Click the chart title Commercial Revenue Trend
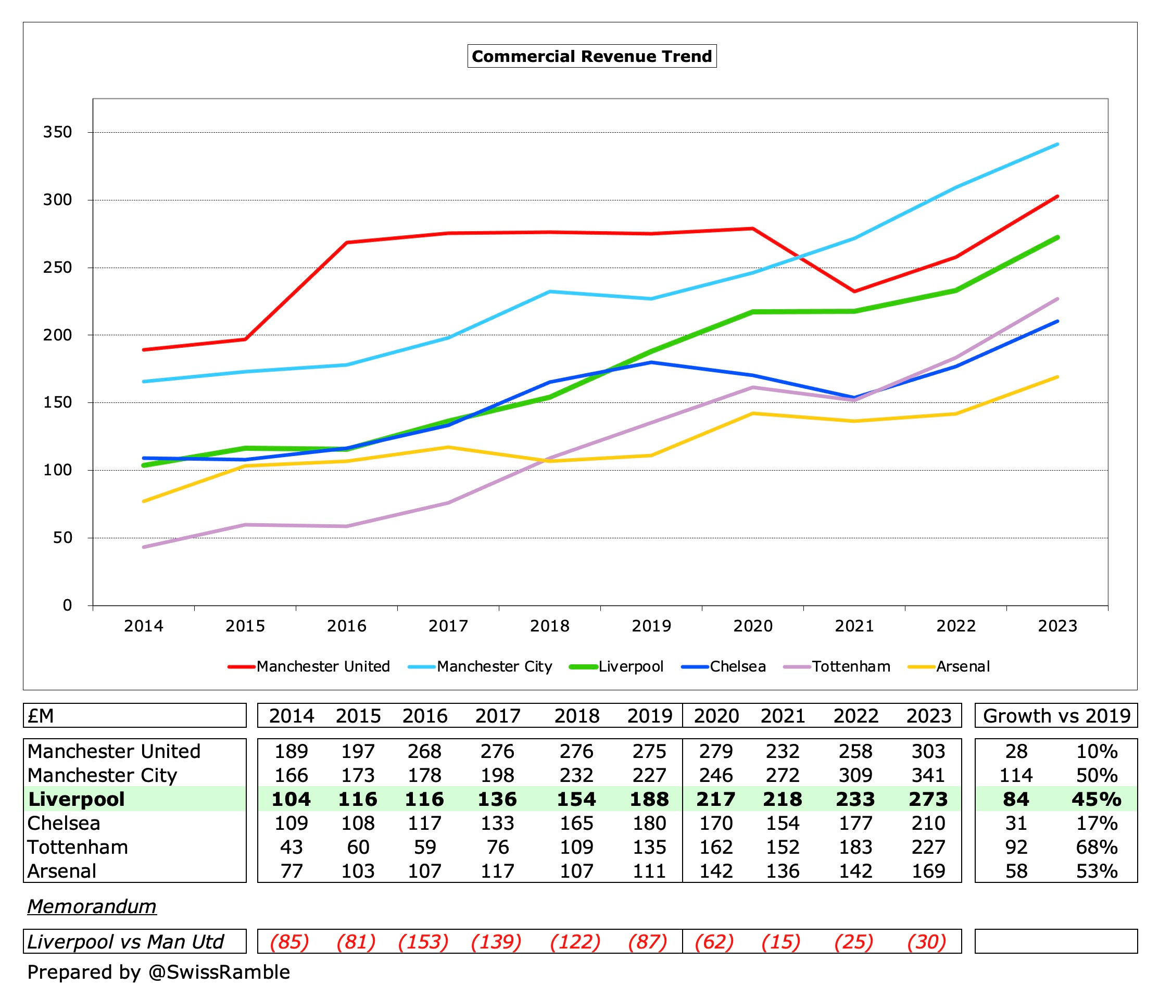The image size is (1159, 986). (591, 56)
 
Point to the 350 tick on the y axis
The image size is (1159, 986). (58, 132)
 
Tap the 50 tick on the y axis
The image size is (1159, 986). (62, 538)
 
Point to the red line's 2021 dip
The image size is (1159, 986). (854, 291)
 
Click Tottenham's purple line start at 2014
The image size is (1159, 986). (144, 547)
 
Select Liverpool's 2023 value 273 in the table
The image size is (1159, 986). (928, 799)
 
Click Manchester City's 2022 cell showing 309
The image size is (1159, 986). (855, 775)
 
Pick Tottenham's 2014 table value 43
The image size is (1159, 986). (291, 848)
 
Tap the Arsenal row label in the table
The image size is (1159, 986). (62, 871)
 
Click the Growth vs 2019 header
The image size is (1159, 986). (1056, 716)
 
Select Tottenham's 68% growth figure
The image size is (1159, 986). (1097, 848)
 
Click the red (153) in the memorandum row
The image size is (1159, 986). (423, 942)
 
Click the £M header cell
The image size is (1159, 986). (41, 716)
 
